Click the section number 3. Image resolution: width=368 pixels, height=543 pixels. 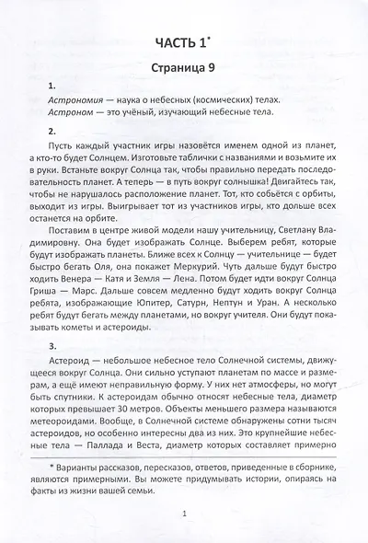(52, 364)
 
